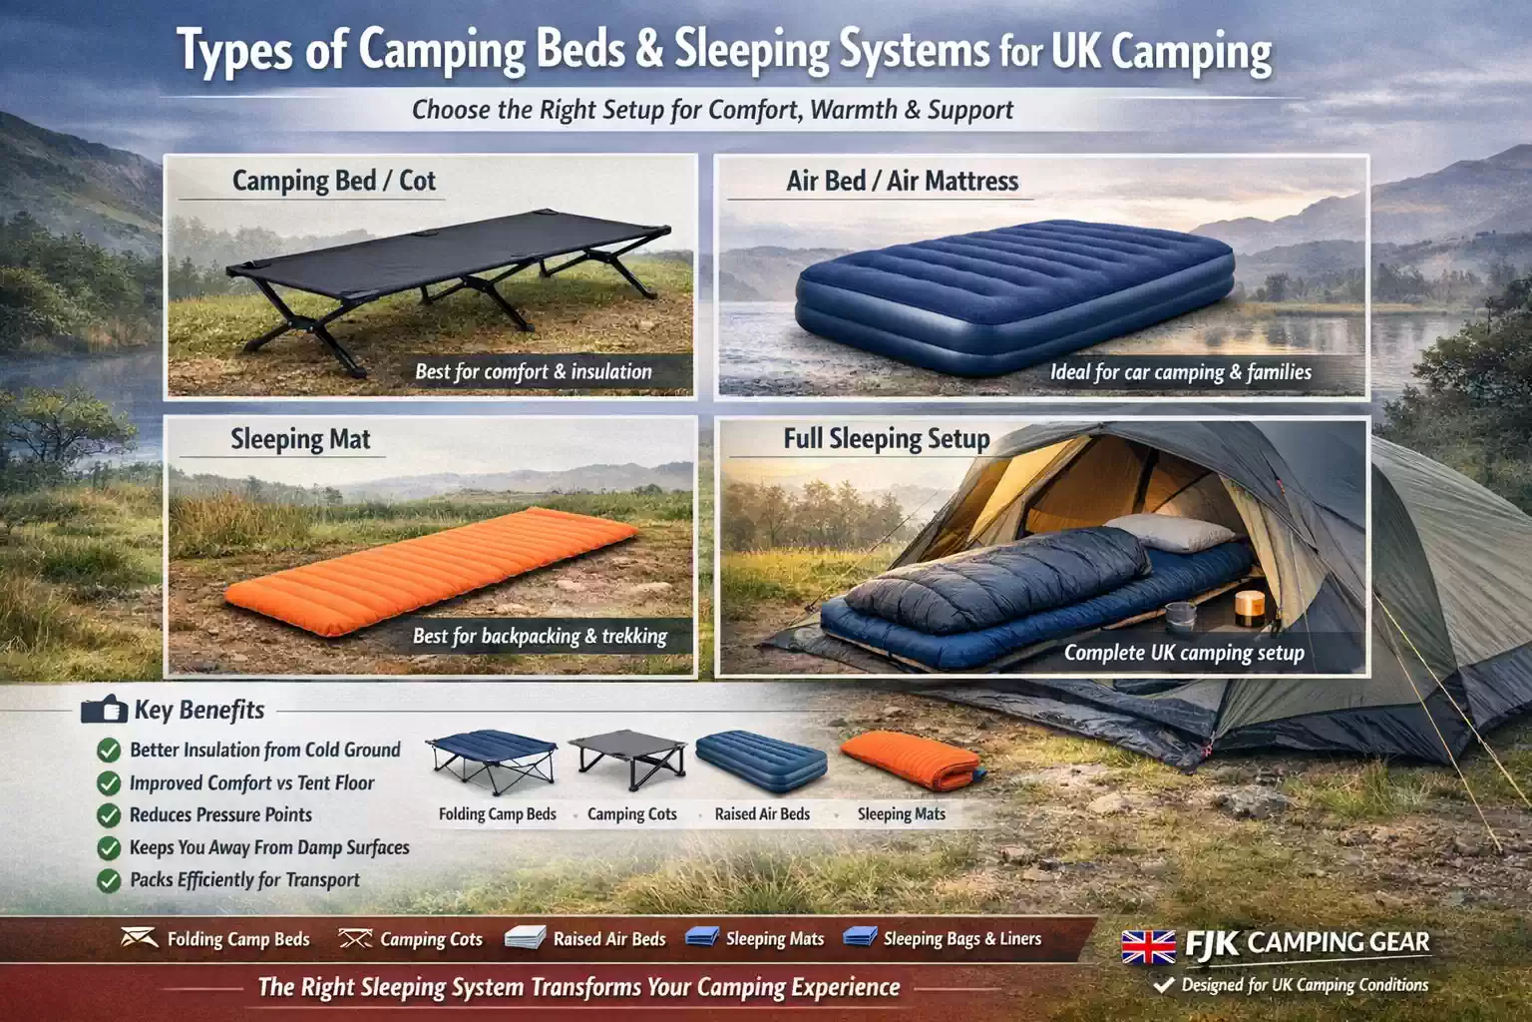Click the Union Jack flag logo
(x=1148, y=946)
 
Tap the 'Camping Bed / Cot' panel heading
(x=333, y=181)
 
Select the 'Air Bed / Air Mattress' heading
(x=902, y=181)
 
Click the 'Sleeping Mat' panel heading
(x=300, y=439)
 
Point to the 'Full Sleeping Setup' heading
(x=886, y=439)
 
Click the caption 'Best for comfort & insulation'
(x=533, y=372)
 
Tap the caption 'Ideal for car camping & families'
(x=1180, y=372)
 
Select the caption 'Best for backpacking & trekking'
(x=540, y=636)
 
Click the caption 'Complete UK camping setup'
(x=1184, y=653)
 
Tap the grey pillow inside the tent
(x=1157, y=532)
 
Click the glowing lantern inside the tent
(x=1249, y=607)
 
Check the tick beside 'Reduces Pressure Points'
(x=109, y=815)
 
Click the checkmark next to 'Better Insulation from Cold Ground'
(x=109, y=751)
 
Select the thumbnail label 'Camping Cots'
(x=631, y=814)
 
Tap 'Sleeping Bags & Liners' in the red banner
(x=961, y=939)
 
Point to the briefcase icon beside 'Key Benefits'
(x=104, y=710)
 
